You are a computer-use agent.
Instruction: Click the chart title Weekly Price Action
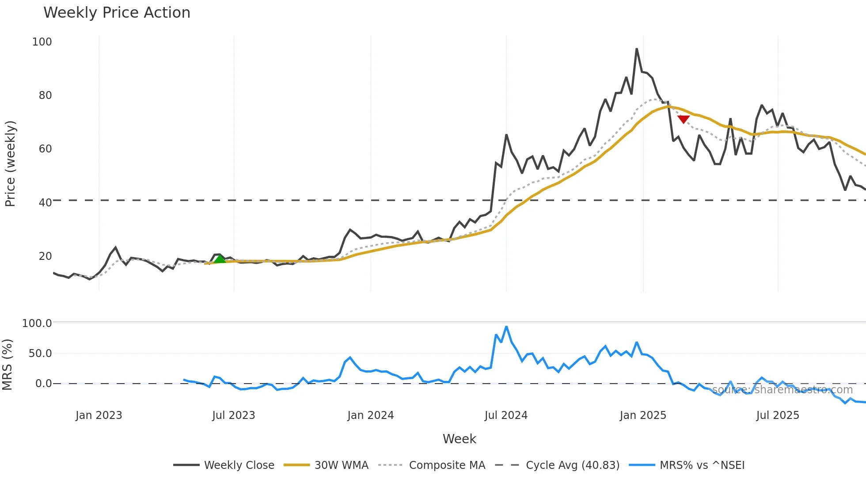pos(117,13)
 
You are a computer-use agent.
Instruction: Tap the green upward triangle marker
pos(220,259)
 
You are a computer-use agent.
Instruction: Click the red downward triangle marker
pos(684,119)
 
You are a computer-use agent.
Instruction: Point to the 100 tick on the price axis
pos(42,42)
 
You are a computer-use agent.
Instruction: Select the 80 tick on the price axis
pos(45,95)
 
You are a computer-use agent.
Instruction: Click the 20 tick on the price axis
pos(45,256)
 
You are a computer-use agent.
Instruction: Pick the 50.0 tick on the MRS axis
pos(40,354)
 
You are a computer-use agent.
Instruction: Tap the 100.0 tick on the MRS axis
pos(37,323)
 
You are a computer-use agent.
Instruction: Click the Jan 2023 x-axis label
pos(99,415)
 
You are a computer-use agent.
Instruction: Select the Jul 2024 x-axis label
pos(506,415)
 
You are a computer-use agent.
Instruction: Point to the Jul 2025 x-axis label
pos(778,415)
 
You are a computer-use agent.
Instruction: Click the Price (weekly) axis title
pos(11,164)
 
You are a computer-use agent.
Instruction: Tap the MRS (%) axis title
pos(8,365)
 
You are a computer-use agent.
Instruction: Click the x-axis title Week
pos(460,439)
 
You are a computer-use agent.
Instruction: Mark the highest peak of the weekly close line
pos(637,49)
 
